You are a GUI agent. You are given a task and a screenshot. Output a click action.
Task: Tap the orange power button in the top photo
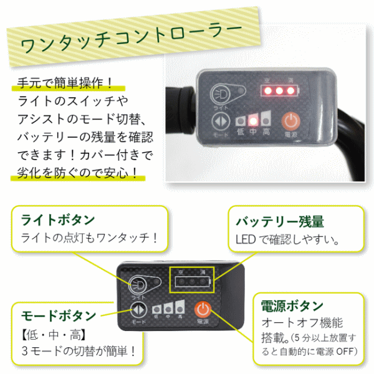pyautogui.click(x=290, y=122)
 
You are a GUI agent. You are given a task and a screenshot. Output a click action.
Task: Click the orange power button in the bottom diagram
pyautogui.click(x=203, y=309)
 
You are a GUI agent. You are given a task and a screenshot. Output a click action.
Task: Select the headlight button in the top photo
pyautogui.click(x=220, y=94)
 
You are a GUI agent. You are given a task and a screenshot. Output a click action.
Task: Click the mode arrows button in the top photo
pyautogui.click(x=221, y=122)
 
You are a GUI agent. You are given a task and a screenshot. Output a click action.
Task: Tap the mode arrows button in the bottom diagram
pyautogui.click(x=138, y=310)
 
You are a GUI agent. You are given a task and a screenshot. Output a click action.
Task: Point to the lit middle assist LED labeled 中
pyautogui.click(x=253, y=121)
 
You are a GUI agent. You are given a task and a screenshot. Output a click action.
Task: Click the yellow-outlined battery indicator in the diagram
pyautogui.click(x=192, y=279)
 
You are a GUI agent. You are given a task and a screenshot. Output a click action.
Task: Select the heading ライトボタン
pyautogui.click(x=58, y=219)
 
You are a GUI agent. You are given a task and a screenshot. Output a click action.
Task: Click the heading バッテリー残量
pyautogui.click(x=280, y=221)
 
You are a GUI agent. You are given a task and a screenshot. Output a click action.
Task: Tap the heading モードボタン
pyautogui.click(x=59, y=315)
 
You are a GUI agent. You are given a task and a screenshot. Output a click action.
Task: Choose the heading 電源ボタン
pyautogui.click(x=292, y=306)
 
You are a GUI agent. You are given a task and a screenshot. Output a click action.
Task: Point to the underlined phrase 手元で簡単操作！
pyautogui.click(x=65, y=84)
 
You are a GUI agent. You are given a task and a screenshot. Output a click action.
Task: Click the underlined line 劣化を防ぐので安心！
pyautogui.click(x=77, y=173)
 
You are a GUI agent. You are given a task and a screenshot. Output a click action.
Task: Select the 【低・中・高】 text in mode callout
pyautogui.click(x=54, y=335)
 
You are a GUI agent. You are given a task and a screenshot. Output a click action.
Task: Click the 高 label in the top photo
pyautogui.click(x=266, y=132)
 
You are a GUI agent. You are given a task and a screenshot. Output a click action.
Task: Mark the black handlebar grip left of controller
pyautogui.click(x=180, y=110)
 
